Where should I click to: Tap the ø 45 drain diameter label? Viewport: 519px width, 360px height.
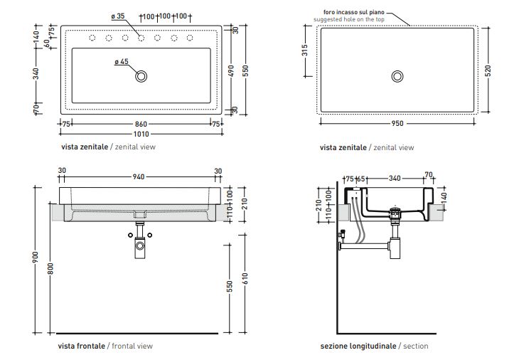click(121, 62)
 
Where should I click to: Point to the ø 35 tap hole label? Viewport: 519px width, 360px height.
click(119, 16)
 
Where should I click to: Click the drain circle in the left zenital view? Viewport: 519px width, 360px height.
click(141, 75)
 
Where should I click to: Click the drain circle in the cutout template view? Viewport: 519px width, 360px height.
click(396, 75)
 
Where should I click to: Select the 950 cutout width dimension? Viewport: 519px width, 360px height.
click(397, 123)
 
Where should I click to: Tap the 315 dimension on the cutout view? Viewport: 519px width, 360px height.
click(304, 51)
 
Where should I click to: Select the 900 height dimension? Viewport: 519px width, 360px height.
click(36, 260)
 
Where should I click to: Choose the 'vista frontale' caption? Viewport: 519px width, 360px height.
click(82, 346)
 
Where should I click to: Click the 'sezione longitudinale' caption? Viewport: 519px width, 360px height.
click(358, 346)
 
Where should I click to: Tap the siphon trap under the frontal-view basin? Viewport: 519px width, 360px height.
click(140, 246)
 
